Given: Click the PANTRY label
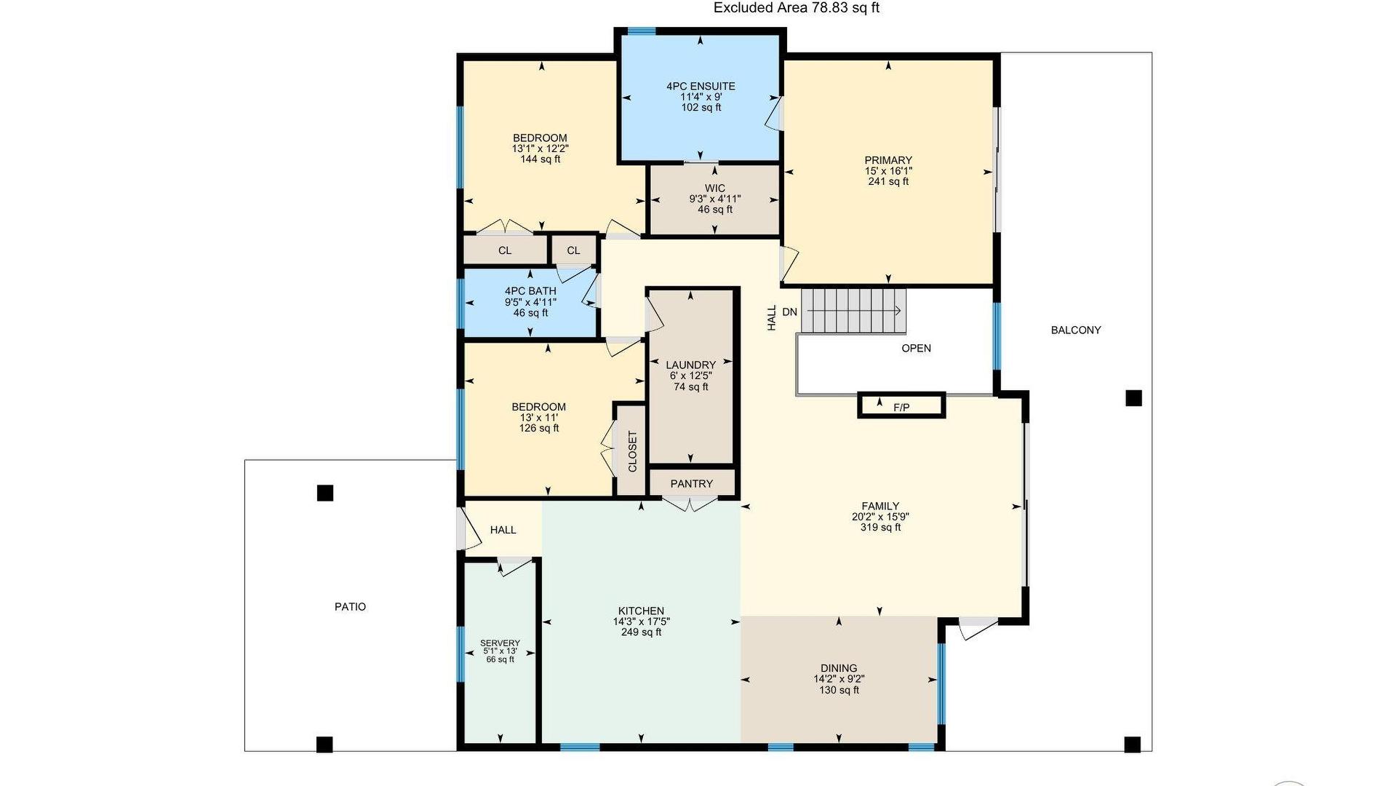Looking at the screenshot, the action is click(x=692, y=484).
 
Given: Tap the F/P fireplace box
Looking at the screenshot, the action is click(x=901, y=405).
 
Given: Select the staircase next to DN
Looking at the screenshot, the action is click(x=854, y=311).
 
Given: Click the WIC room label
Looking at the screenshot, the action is click(x=715, y=188).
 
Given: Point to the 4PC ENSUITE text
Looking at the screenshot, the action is click(x=701, y=87).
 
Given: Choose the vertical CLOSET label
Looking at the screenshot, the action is click(x=632, y=451).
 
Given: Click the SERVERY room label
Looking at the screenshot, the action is click(x=500, y=643).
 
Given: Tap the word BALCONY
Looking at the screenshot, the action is click(x=1076, y=330).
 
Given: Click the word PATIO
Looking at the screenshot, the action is click(x=350, y=607).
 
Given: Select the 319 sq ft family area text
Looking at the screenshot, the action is click(x=880, y=528).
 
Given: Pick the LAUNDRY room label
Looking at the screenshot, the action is click(x=690, y=365).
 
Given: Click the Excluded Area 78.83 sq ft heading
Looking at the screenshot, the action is click(x=797, y=8).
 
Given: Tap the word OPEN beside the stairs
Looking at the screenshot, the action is click(x=916, y=349).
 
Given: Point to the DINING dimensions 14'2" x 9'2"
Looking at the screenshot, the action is click(x=839, y=679).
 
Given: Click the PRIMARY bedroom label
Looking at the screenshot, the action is click(x=888, y=161).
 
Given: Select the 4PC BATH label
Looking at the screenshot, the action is click(x=530, y=291).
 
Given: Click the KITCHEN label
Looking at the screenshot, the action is click(x=641, y=611).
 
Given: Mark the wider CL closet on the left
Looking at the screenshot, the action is click(x=506, y=250).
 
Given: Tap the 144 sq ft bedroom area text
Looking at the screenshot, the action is click(x=540, y=159).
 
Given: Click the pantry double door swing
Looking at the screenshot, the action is click(x=690, y=504).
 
